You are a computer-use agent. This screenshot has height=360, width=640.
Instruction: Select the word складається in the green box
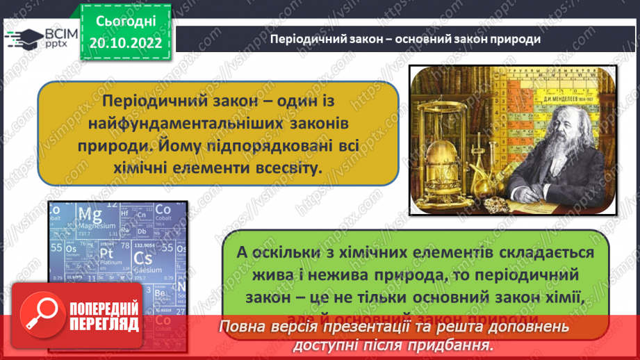pyautogui.click(x=538, y=252)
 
